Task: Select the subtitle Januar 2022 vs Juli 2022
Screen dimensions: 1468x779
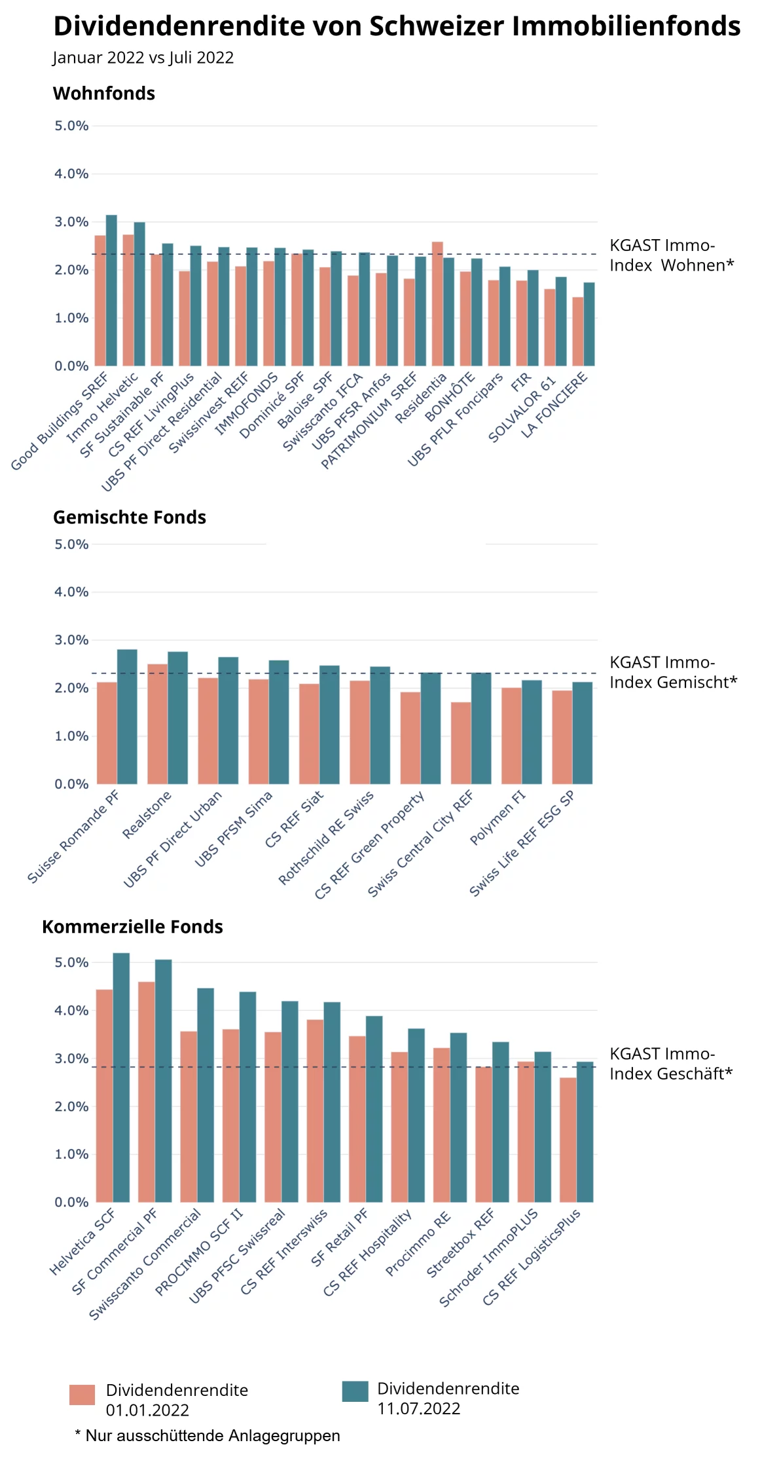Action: (143, 58)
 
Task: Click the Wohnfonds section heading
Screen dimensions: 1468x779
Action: (103, 94)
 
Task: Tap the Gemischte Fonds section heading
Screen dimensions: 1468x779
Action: (129, 518)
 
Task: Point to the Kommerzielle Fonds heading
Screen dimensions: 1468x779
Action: (132, 927)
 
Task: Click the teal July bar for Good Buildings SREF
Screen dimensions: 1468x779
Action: (111, 292)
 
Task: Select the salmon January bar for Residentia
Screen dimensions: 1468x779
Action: (437, 305)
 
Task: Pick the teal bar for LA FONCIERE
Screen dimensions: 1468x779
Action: (589, 325)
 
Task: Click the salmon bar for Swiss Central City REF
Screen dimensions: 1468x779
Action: (461, 743)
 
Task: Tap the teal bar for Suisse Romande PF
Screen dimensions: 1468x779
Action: (127, 717)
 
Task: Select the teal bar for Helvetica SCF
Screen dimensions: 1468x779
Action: (121, 1078)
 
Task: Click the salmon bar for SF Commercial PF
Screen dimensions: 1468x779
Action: (147, 1092)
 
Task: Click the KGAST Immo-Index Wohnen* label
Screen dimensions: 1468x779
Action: (671, 255)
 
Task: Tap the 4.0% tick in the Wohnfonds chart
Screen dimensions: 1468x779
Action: (71, 174)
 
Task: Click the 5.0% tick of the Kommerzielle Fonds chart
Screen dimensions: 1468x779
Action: (71, 962)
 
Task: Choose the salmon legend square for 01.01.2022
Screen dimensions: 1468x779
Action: (82, 1395)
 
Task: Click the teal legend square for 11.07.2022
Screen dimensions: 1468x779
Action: (355, 1391)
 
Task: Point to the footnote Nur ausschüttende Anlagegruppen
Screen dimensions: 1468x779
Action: (208, 1435)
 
